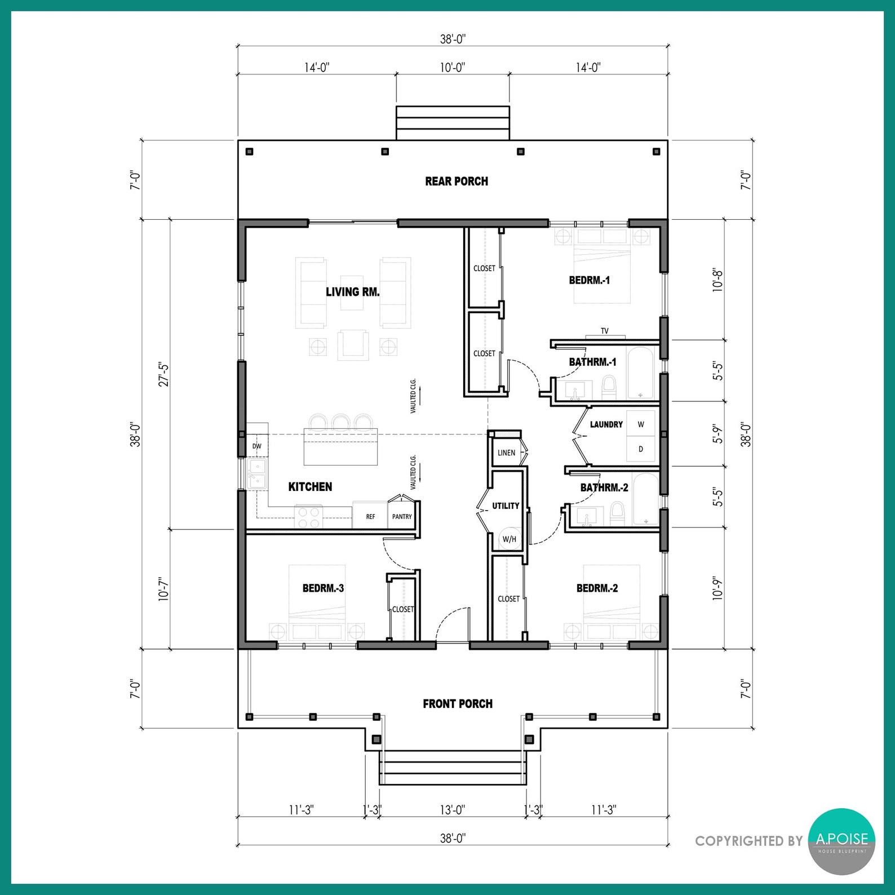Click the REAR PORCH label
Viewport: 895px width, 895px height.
[x=457, y=181]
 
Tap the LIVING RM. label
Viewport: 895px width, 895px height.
[x=353, y=292]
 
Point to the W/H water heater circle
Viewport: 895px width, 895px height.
[x=509, y=539]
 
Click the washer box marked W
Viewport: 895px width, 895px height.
[x=641, y=424]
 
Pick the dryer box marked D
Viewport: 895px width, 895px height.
[x=641, y=449]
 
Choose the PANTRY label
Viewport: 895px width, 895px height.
[x=402, y=516]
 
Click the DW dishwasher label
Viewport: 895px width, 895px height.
[x=257, y=446]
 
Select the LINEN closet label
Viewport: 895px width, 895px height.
[x=506, y=453]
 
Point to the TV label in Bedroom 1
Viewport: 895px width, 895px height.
[x=605, y=331]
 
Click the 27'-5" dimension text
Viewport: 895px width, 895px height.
[x=164, y=374]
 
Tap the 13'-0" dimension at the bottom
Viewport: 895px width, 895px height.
[x=453, y=810]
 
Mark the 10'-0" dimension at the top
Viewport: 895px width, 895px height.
[x=453, y=68]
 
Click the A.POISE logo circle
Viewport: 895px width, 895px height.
[x=842, y=841]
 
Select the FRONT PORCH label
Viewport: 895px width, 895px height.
[x=458, y=704]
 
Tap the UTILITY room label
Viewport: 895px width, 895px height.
[x=506, y=506]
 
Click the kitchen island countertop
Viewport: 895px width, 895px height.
[x=340, y=447]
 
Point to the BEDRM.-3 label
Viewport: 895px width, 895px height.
[x=323, y=588]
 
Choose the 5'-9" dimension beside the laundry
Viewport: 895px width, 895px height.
[x=717, y=434]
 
